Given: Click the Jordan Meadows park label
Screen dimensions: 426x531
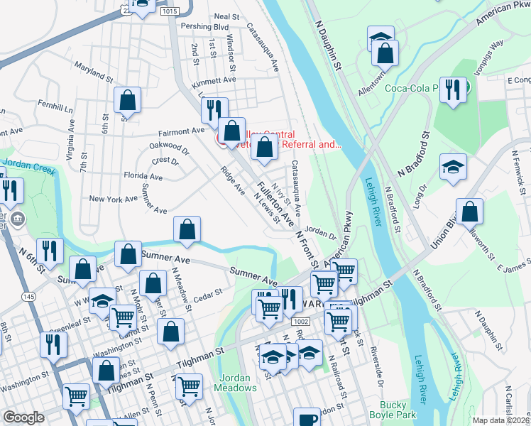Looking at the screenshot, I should coord(238,383).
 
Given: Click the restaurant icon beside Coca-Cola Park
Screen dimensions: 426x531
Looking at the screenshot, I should coord(452,90).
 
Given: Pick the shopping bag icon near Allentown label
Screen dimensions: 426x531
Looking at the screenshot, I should coord(385,53).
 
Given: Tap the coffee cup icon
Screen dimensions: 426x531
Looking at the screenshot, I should coord(307,419).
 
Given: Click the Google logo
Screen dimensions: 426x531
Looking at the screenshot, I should coord(23,417).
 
